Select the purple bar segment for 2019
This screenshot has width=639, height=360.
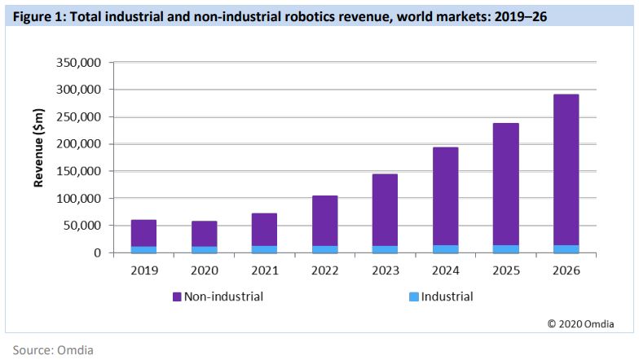(143, 233)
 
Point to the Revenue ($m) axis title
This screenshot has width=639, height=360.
(38, 157)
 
